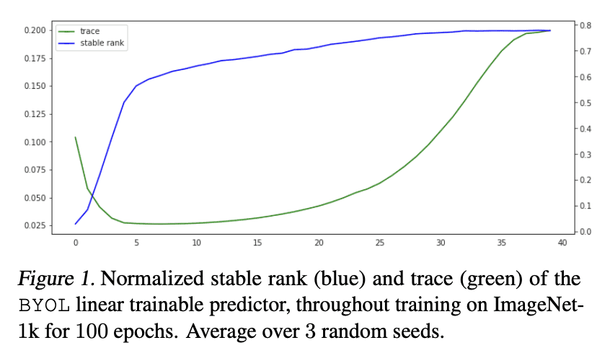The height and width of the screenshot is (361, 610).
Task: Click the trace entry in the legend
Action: (x=89, y=32)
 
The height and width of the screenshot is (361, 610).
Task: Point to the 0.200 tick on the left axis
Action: (x=35, y=30)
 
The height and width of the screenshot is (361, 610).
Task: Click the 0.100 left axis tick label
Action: (x=35, y=142)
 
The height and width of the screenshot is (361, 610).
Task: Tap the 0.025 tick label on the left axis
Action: (x=35, y=225)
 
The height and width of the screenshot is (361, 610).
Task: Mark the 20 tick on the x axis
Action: (x=319, y=244)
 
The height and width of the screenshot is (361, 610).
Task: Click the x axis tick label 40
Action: (x=562, y=244)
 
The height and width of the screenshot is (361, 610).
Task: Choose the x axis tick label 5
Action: (x=136, y=244)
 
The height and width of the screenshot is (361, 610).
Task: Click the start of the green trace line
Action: (x=76, y=137)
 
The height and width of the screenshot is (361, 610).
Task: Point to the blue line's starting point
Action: (x=76, y=224)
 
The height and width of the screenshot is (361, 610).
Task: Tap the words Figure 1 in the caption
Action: (x=56, y=278)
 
